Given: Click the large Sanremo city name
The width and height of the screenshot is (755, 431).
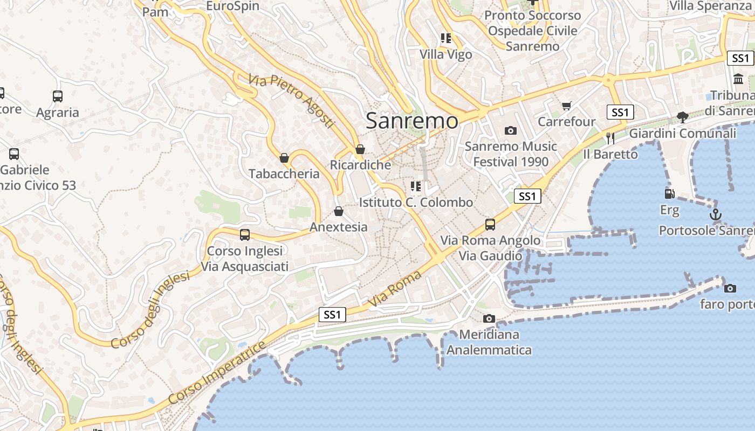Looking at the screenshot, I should [x=412, y=121].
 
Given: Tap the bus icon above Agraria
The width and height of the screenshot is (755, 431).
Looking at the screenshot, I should [x=58, y=96].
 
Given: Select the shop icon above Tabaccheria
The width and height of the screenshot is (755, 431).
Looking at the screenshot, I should [x=284, y=158].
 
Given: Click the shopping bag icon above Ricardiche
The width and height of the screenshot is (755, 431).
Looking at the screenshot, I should [x=360, y=149].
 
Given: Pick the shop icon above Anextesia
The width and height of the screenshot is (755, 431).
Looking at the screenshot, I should [x=339, y=211].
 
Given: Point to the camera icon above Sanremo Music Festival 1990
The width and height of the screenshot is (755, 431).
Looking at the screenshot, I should [x=510, y=130].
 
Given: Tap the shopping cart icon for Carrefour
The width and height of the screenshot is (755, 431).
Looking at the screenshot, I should [x=566, y=106].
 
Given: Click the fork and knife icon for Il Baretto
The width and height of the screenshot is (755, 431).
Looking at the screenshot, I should [x=610, y=138].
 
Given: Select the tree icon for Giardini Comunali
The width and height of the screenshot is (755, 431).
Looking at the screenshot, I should [x=683, y=117].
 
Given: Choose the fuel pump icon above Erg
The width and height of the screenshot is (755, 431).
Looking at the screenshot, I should [x=669, y=193].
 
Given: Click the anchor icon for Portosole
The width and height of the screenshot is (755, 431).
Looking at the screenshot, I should [x=715, y=214].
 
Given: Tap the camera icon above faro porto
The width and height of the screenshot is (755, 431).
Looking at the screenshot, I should [x=730, y=288].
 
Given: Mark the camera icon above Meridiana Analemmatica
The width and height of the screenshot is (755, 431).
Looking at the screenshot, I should [x=489, y=318].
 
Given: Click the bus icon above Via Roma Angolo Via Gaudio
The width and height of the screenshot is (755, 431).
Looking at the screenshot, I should [x=490, y=225].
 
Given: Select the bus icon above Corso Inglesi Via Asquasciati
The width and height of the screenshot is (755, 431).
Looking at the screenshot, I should [x=245, y=235].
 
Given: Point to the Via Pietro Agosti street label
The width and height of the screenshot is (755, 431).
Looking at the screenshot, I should [x=292, y=101].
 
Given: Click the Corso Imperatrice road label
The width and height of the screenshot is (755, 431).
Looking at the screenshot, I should [x=217, y=373].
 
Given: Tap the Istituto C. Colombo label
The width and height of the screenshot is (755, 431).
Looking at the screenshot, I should [x=416, y=203].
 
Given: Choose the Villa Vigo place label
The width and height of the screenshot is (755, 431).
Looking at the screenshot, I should [x=446, y=54].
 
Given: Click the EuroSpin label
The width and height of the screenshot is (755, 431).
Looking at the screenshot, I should [x=232, y=6].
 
